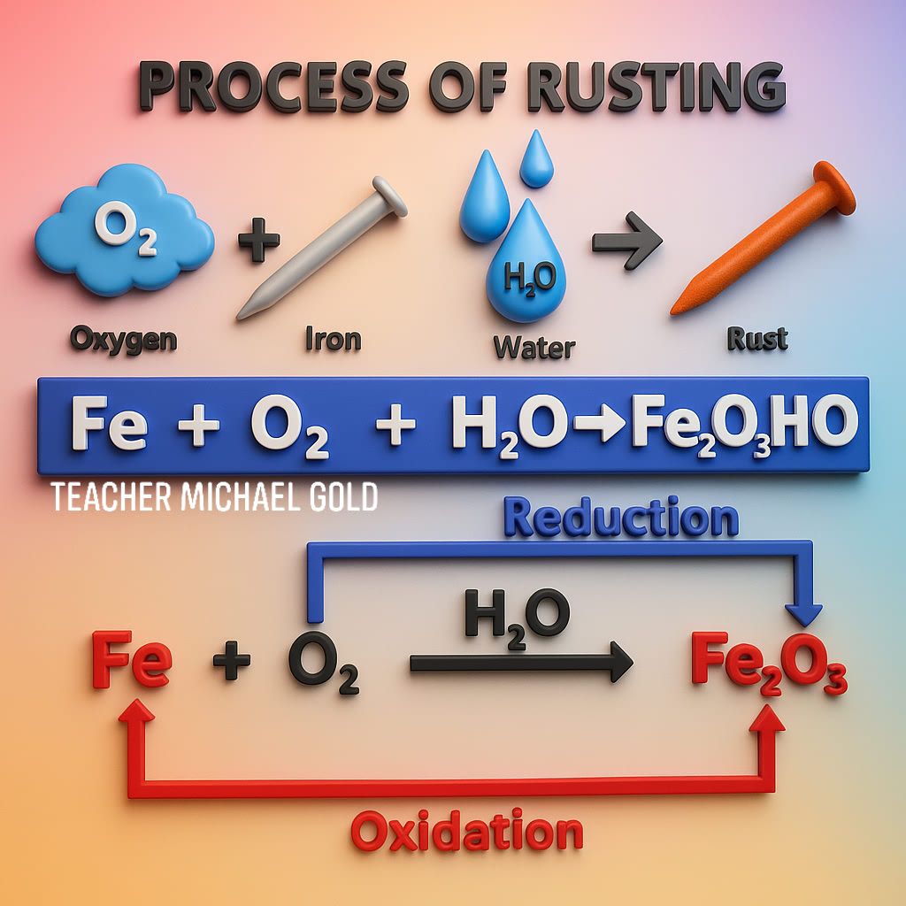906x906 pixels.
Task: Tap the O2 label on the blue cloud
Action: (x=125, y=227)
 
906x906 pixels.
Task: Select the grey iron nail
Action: (x=321, y=249)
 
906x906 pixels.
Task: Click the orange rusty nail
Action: (x=763, y=238)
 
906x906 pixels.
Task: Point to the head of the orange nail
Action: (x=834, y=188)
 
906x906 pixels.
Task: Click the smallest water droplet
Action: (x=536, y=159)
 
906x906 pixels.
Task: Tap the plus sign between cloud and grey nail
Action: (x=259, y=239)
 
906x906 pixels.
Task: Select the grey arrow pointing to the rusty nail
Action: (x=627, y=241)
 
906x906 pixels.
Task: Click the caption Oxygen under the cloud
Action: (x=123, y=339)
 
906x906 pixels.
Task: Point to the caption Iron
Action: (x=334, y=339)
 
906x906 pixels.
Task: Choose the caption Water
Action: (x=534, y=347)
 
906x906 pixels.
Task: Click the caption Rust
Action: (x=757, y=339)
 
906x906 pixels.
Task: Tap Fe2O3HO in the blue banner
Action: (x=745, y=426)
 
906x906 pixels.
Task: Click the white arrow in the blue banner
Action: (x=600, y=425)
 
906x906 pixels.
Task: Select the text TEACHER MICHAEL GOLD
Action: (x=214, y=497)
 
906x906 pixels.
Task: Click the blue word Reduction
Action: (x=621, y=517)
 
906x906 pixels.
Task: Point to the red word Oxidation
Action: (x=467, y=831)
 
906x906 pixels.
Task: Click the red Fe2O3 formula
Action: (x=769, y=664)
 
